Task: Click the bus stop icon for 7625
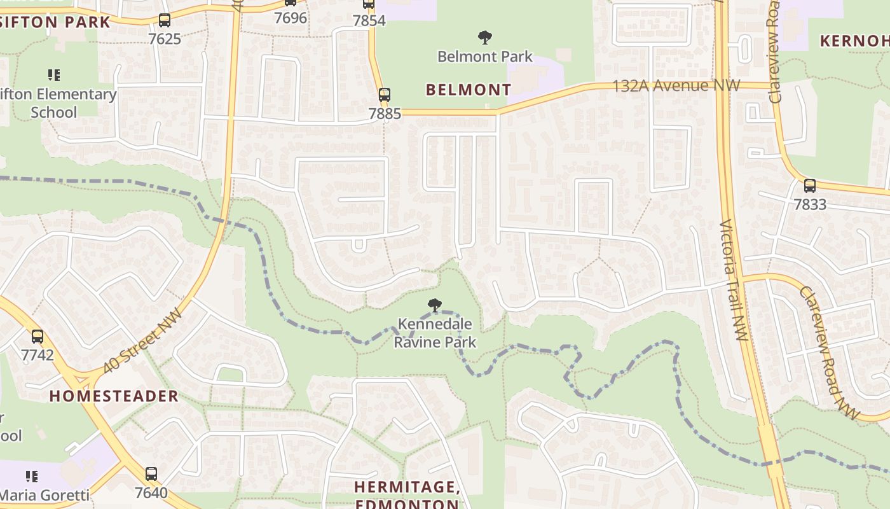coord(165,20)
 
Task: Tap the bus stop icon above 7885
coord(384,95)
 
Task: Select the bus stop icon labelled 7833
coord(809,186)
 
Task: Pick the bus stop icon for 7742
coord(38,337)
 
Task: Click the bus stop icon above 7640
coord(151,474)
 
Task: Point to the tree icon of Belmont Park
coord(485,38)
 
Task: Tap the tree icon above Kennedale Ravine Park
coord(435,305)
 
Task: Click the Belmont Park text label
coord(485,57)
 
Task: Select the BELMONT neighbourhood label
coord(469,90)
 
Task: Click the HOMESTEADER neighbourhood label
coord(114,396)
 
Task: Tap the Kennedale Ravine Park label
coord(435,333)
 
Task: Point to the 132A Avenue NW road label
coord(676,85)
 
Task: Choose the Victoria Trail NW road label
coord(734,280)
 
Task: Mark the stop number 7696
coord(291,18)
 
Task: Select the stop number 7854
coord(369,20)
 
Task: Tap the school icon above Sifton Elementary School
coord(54,75)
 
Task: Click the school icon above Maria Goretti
coord(32,476)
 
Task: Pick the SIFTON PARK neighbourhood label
coord(55,22)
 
